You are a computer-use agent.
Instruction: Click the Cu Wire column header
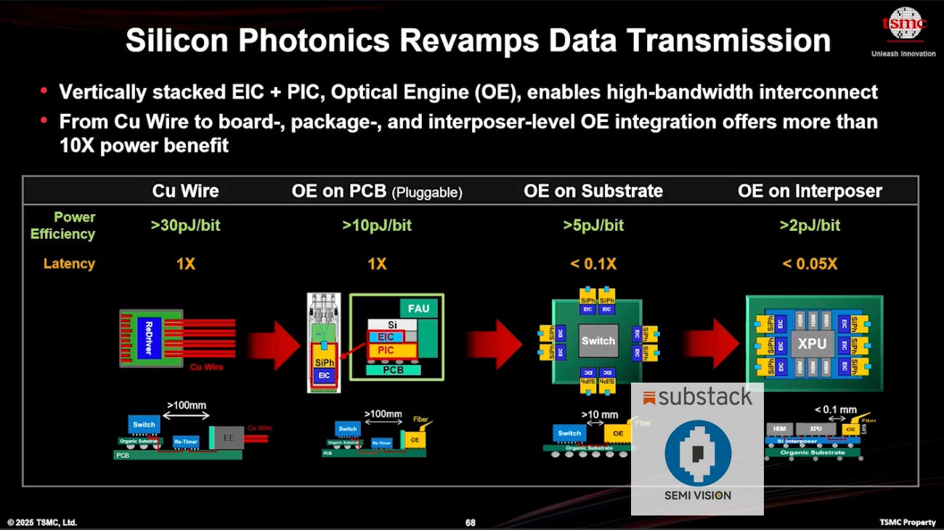point(185,191)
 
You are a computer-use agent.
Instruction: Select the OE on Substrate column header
point(593,191)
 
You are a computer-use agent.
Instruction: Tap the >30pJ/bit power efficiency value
point(185,225)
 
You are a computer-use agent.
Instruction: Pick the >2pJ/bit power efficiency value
point(810,225)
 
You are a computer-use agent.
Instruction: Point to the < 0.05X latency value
point(810,264)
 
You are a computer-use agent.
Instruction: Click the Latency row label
point(69,264)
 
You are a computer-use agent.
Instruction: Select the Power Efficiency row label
point(63,225)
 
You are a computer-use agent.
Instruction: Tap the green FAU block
point(418,309)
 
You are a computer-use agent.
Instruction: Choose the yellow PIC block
point(386,351)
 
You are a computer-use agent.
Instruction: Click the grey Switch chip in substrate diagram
point(598,341)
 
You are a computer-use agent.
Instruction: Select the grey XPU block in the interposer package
point(812,343)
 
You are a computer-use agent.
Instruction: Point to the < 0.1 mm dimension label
point(835,410)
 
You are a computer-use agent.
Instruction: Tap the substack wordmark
point(697,396)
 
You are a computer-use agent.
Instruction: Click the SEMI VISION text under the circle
point(697,496)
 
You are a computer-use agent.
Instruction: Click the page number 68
point(471,523)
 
